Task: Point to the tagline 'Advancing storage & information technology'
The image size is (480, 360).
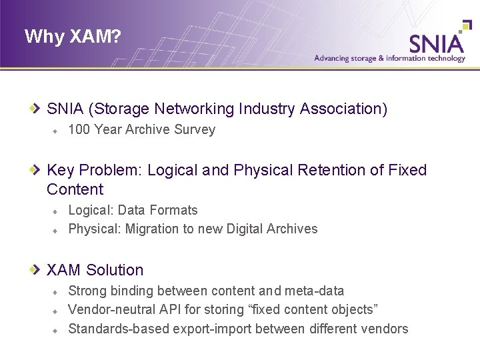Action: [390, 59]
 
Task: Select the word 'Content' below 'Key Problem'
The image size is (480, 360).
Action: [75, 189]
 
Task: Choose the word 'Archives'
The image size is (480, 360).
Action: [292, 229]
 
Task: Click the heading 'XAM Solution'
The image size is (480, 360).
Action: [95, 270]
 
